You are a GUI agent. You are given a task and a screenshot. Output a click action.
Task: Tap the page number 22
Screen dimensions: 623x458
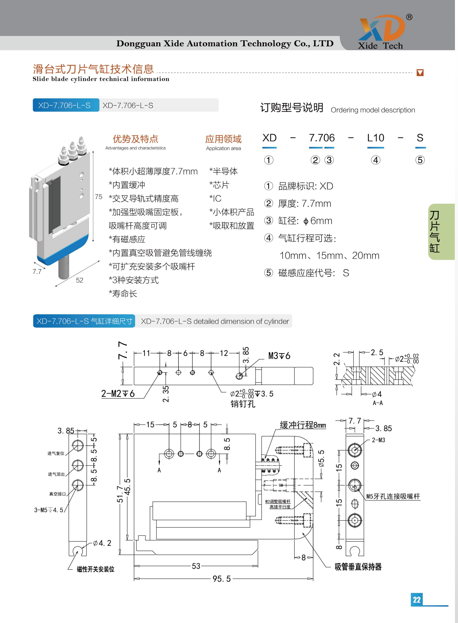[416, 599]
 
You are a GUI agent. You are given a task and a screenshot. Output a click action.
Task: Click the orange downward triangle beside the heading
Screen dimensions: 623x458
[420, 73]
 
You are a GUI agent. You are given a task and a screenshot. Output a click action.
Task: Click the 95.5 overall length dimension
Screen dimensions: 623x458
[222, 579]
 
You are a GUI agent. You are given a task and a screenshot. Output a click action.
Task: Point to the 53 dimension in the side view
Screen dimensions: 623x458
[196, 566]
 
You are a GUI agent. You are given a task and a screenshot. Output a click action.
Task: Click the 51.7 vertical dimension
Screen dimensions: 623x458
[120, 494]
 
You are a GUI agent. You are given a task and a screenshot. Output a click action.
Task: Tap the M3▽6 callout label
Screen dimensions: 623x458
[279, 356]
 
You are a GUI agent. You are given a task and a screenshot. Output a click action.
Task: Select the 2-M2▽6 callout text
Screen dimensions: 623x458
[118, 393]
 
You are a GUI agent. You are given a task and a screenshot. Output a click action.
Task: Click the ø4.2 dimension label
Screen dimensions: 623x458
[102, 543]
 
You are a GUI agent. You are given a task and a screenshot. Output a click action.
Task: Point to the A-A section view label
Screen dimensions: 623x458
[378, 403]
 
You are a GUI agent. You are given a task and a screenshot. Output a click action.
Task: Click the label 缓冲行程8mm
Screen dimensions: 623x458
[303, 425]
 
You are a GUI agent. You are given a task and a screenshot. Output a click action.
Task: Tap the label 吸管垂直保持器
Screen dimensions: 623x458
[358, 567]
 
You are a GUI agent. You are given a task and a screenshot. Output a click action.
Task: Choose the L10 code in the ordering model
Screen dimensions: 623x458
[376, 138]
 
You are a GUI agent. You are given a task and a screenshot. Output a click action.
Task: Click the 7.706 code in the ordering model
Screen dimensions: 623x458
[322, 138]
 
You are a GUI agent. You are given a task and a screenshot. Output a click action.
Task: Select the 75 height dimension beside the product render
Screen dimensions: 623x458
[99, 197]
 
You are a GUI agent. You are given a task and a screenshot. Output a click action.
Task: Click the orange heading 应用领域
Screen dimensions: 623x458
[223, 139]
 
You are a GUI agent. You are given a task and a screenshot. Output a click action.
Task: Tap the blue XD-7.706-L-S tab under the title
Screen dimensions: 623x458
[66, 105]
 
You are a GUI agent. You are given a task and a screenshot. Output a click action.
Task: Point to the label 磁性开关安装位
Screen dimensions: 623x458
[95, 569]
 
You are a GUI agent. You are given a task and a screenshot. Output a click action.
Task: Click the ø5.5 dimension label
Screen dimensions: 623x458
[321, 458]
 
